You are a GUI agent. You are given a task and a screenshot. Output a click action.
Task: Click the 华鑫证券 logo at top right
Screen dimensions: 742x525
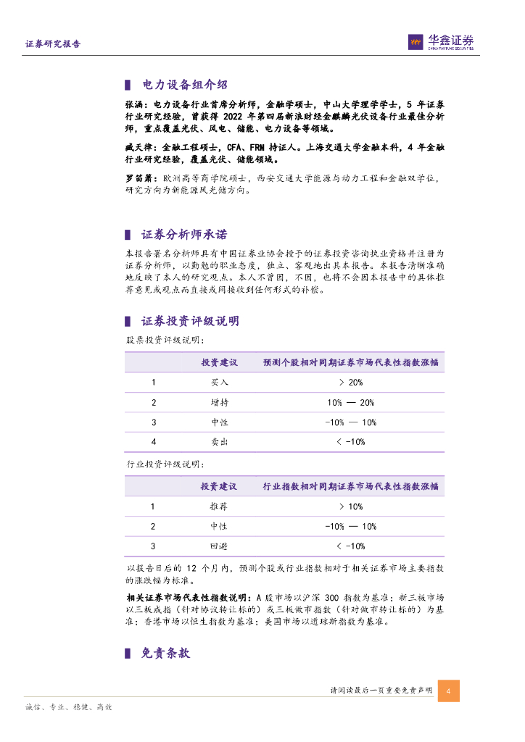pyautogui.click(x=441, y=42)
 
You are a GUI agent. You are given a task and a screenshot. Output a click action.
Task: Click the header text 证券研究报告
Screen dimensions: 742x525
pyautogui.click(x=53, y=44)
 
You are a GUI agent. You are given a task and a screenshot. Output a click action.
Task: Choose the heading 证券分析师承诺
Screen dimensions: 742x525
pyautogui.click(x=184, y=235)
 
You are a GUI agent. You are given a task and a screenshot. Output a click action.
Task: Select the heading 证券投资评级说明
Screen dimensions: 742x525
pyautogui.click(x=190, y=321)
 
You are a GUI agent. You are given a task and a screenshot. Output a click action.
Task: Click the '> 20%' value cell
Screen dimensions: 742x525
pyautogui.click(x=350, y=382)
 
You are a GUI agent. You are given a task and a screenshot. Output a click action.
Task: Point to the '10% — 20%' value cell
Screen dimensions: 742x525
pyautogui.click(x=350, y=402)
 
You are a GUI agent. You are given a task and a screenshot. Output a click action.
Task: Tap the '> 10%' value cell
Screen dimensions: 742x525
pyautogui.click(x=350, y=507)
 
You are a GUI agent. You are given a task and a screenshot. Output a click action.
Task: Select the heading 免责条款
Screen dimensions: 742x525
pyautogui.click(x=166, y=653)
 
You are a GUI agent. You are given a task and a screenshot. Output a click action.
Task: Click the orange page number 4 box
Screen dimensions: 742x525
pyautogui.click(x=448, y=691)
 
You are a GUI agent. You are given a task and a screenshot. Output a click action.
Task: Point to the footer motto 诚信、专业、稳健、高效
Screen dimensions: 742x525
pyautogui.click(x=68, y=707)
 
